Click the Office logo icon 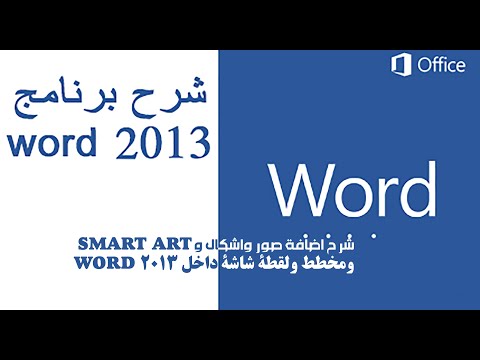[x=401, y=65]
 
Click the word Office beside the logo [x=440, y=66]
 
